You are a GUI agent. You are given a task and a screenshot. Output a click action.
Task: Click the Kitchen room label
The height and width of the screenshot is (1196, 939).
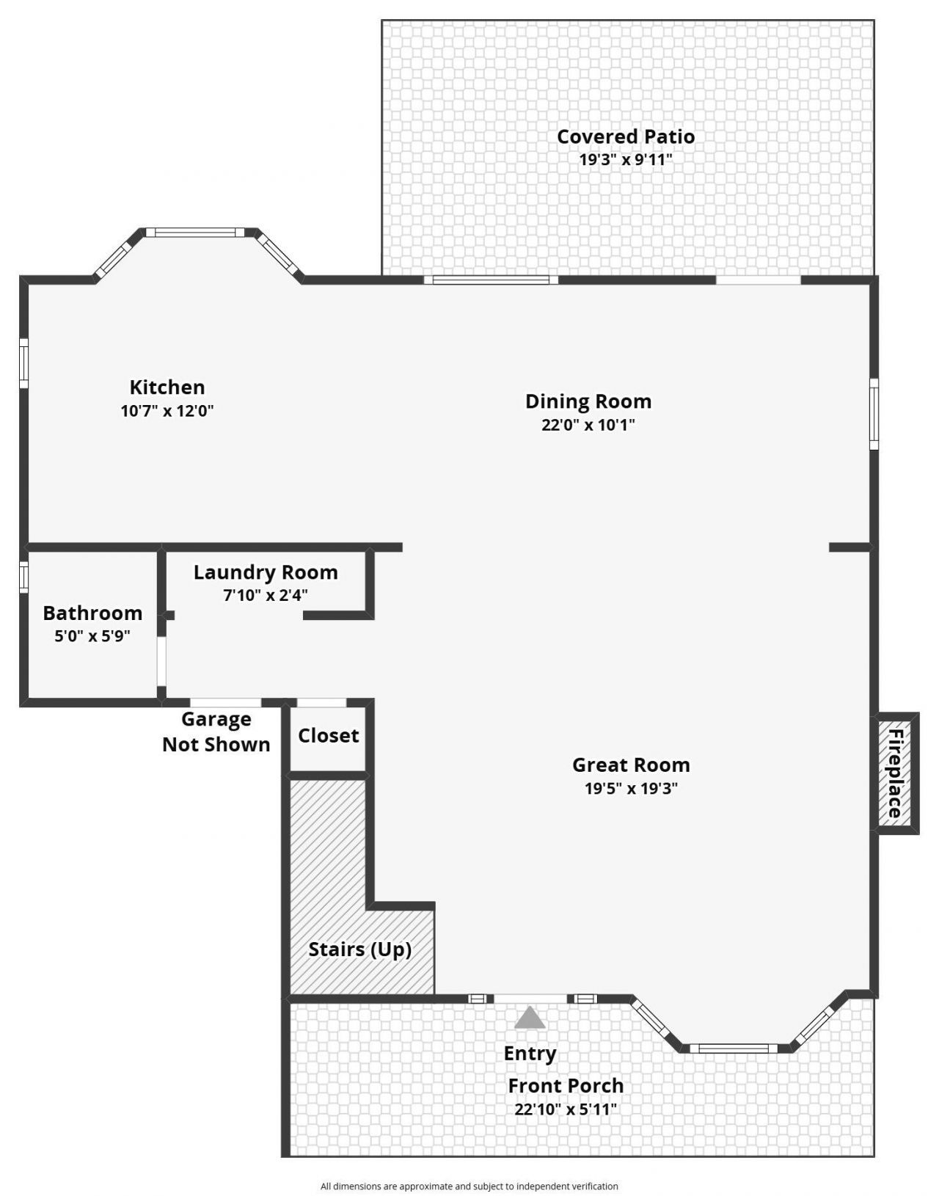pyautogui.click(x=167, y=387)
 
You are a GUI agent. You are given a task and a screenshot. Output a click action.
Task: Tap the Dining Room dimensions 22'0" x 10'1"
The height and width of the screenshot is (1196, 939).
pyautogui.click(x=588, y=425)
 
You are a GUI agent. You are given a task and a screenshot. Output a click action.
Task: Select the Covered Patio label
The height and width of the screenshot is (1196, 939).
pyautogui.click(x=626, y=136)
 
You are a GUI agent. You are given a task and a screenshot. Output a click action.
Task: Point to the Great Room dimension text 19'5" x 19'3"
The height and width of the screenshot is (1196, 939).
pyautogui.click(x=631, y=789)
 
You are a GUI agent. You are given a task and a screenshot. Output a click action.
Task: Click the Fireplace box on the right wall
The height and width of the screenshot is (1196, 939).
pyautogui.click(x=896, y=773)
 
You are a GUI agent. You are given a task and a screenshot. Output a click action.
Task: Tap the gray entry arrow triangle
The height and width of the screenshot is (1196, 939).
pyautogui.click(x=530, y=1018)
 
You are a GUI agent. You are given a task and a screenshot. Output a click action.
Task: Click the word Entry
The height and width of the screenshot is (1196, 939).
pyautogui.click(x=530, y=1054)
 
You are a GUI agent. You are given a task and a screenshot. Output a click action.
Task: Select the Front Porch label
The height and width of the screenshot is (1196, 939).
pyautogui.click(x=566, y=1085)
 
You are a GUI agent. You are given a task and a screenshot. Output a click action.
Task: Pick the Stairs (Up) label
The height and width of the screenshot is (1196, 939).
pyautogui.click(x=359, y=949)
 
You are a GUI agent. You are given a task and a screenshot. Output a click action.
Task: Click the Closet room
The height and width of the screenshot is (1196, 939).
pyautogui.click(x=328, y=736)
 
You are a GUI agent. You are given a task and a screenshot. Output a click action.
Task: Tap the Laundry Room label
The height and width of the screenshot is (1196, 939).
pyautogui.click(x=266, y=572)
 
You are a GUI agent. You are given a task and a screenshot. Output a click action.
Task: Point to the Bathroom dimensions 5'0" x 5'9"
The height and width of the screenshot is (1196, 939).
pyautogui.click(x=92, y=636)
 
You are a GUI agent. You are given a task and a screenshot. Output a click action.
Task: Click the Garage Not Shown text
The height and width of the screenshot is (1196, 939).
pyautogui.click(x=216, y=732)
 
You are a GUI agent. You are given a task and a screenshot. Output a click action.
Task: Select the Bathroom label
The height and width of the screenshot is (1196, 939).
pyautogui.click(x=92, y=613)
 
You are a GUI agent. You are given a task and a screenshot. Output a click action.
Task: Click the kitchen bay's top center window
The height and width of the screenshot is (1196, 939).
pyautogui.click(x=194, y=233)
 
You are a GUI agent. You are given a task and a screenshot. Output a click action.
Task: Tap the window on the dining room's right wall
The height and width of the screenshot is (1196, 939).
pyautogui.click(x=874, y=413)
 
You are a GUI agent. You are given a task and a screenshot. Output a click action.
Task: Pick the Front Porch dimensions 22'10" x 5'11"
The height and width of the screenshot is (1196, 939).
pyautogui.click(x=566, y=1109)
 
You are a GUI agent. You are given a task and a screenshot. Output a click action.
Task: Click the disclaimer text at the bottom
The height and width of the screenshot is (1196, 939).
pyautogui.click(x=469, y=1186)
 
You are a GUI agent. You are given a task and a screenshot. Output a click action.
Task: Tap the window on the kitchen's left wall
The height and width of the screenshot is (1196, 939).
pyautogui.click(x=23, y=363)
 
